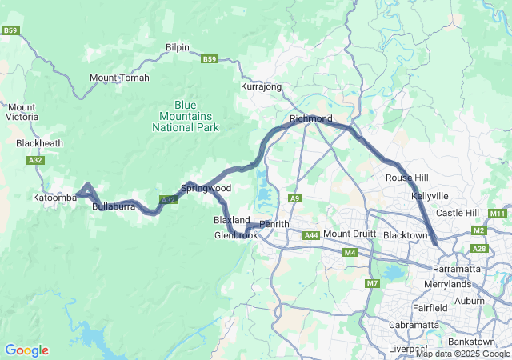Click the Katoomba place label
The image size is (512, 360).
(x=54, y=197)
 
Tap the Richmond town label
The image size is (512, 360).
(x=310, y=118)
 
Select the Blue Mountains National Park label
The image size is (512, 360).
(x=196, y=116)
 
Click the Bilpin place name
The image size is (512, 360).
(x=177, y=47)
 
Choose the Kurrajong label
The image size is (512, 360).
(x=261, y=86)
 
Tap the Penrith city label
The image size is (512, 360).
(x=274, y=224)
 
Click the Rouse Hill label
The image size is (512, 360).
(x=407, y=178)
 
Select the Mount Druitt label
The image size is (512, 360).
(x=349, y=234)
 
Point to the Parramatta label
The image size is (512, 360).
(x=456, y=269)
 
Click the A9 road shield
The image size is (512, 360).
(x=295, y=198)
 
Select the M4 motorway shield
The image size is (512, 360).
(x=350, y=253)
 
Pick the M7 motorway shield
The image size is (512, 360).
(x=373, y=283)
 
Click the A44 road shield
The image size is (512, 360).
(x=311, y=234)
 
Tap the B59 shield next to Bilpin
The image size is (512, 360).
(x=210, y=59)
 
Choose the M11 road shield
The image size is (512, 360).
(x=498, y=213)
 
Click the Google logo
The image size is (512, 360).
(x=26, y=350)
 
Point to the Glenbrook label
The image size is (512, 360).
(x=236, y=235)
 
